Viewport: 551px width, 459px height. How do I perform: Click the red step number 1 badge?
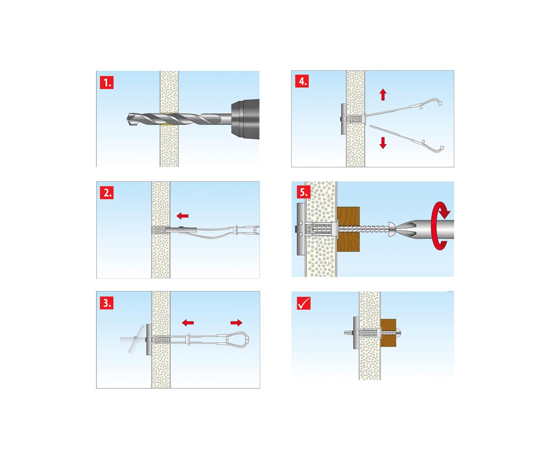[107, 83]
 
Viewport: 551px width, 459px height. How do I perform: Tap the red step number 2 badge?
[107, 193]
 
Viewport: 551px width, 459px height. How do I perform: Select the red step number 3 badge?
[107, 302]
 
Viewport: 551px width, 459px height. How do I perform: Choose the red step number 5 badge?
[304, 192]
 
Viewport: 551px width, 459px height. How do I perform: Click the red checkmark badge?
[304, 303]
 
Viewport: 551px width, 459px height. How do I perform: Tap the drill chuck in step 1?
[245, 119]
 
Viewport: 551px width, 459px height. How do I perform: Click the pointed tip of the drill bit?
[128, 118]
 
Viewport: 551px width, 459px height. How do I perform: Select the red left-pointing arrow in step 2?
[182, 216]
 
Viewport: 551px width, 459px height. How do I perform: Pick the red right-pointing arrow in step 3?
[236, 322]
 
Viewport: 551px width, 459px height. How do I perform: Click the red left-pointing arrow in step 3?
[188, 322]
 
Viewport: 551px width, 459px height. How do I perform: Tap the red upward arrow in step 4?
[383, 95]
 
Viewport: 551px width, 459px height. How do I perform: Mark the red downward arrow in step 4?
[383, 143]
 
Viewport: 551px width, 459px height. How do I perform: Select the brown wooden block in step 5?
[349, 229]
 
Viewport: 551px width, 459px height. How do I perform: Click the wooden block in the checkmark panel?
[388, 333]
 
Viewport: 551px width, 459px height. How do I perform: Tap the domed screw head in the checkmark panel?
[399, 333]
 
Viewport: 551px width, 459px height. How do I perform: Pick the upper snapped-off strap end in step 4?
[427, 103]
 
